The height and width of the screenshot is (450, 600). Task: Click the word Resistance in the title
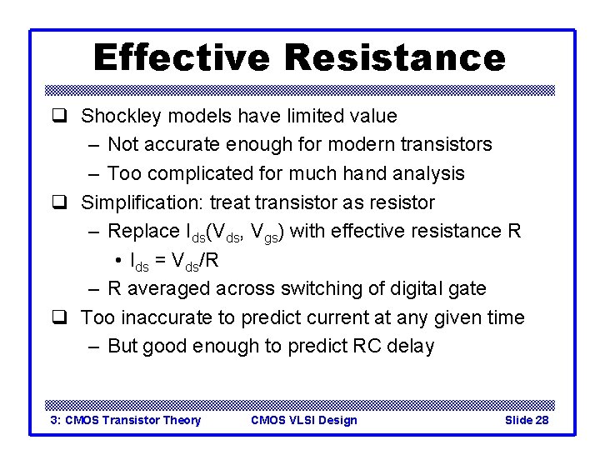[x=395, y=58]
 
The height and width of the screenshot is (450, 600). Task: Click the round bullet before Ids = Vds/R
[x=120, y=261]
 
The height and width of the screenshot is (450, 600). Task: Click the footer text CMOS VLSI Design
[x=303, y=420]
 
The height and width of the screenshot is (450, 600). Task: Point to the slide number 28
[x=541, y=420]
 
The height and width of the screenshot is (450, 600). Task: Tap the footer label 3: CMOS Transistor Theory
[x=126, y=420]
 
